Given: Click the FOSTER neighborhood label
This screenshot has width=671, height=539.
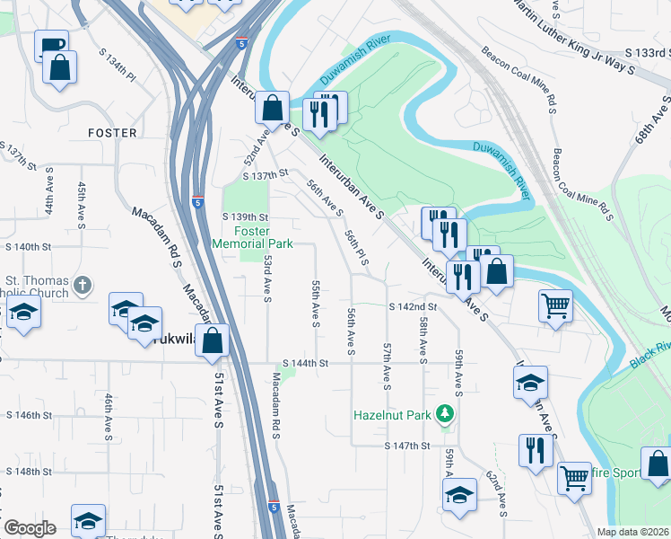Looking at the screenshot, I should pos(112,133).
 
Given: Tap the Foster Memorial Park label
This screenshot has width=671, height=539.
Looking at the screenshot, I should pos(257,237).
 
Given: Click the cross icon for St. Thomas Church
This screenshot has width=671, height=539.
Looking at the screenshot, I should pos(82,286).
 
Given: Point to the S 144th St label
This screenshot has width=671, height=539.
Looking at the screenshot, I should pos(308,363).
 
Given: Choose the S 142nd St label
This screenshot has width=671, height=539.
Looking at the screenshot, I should pos(413,306).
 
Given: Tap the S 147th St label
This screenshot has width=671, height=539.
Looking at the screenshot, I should pos(408,446).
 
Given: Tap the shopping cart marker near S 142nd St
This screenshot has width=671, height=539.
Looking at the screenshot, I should pos(555,305).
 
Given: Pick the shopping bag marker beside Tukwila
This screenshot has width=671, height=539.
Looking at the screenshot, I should pos(213,341).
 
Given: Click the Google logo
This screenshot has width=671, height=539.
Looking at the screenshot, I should pos(29,528).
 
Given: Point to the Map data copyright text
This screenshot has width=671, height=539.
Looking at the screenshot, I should pos(632,532).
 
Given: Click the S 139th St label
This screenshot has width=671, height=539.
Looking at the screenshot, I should pos(245,217).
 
